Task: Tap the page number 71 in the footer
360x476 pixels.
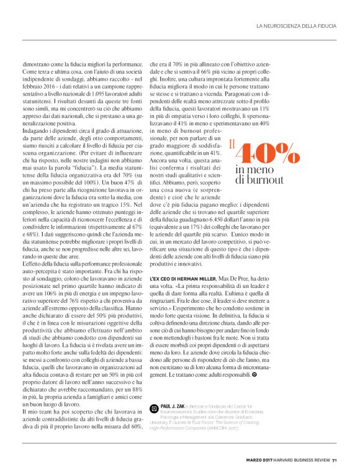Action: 334,460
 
